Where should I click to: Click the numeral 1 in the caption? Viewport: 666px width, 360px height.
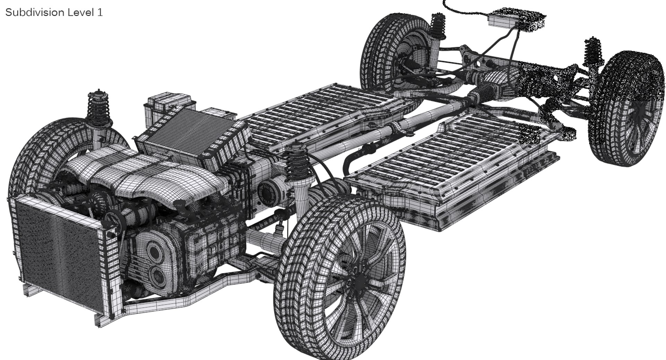click(x=100, y=13)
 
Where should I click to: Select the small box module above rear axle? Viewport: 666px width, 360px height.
click(x=503, y=19)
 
